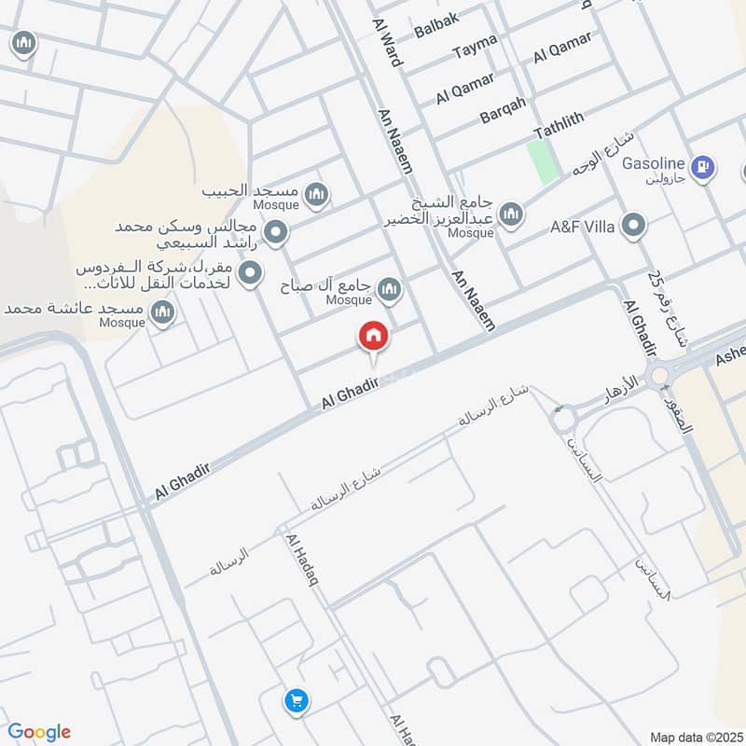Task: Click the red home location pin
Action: (373, 336)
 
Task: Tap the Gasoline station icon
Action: (706, 168)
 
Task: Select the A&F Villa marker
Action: (634, 225)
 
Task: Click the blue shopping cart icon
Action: (297, 699)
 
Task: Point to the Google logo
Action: (39, 732)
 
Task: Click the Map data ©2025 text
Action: (695, 737)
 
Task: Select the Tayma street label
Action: (476, 51)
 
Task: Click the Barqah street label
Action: (504, 110)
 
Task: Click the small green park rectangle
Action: (542, 160)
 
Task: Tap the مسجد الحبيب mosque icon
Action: (317, 194)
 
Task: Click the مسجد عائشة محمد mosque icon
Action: (163, 312)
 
